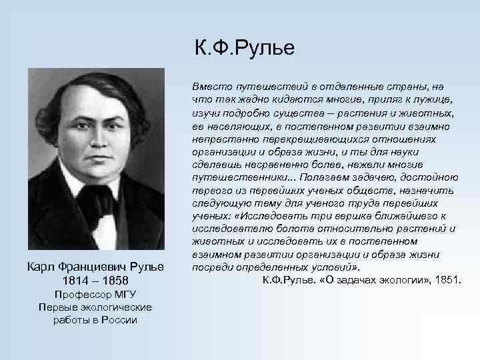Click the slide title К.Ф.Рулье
(244, 49)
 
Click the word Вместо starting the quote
(209, 87)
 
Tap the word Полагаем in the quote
(324, 177)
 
